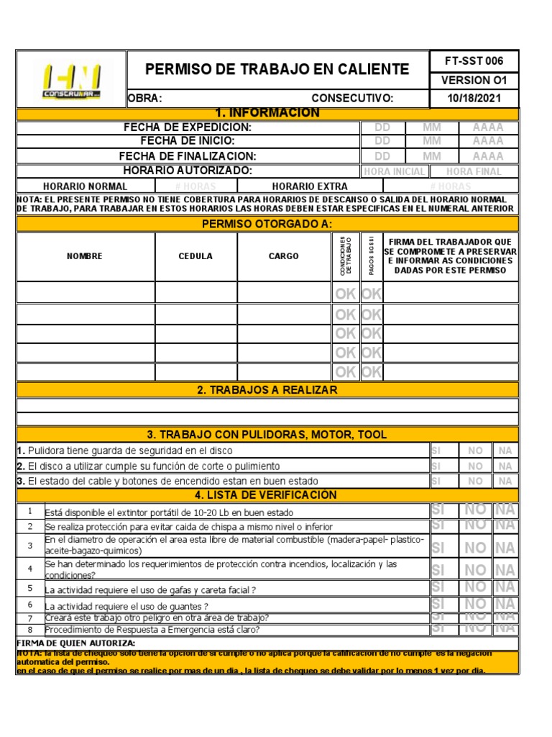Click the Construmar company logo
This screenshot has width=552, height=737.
(x=71, y=79)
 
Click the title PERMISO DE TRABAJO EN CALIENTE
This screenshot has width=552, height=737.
(x=277, y=70)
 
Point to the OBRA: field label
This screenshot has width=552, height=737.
(x=145, y=99)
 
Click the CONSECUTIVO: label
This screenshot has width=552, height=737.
(x=352, y=99)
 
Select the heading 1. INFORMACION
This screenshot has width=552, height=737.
(x=267, y=113)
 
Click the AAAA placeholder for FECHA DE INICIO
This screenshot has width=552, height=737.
(x=487, y=142)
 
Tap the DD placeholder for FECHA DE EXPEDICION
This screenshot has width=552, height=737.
(x=382, y=127)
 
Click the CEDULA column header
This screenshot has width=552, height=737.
(x=195, y=256)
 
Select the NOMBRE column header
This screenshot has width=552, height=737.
(x=85, y=256)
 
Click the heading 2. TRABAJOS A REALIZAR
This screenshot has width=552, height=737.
(x=267, y=390)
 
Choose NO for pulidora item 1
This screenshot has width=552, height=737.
(x=475, y=451)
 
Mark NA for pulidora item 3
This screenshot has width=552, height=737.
(x=505, y=481)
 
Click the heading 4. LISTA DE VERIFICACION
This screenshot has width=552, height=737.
(x=267, y=495)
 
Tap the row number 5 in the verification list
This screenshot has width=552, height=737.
(x=30, y=588)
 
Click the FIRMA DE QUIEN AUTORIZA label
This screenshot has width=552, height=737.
(x=75, y=643)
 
